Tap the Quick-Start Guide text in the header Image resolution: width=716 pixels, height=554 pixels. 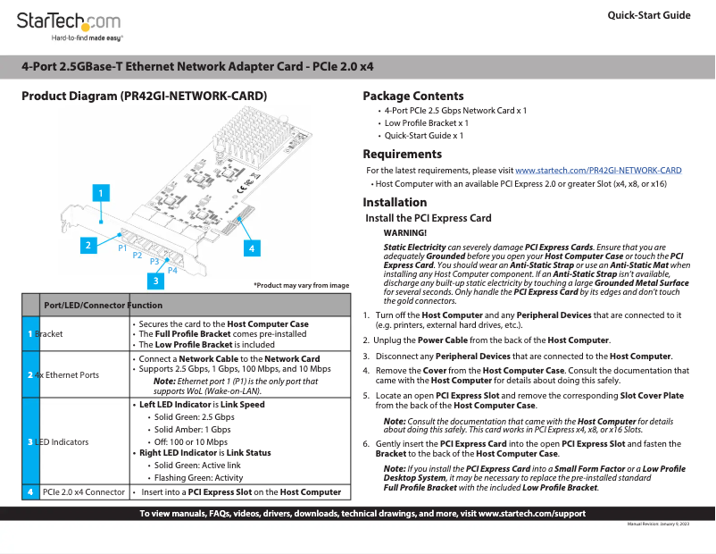pyautogui.click(x=648, y=15)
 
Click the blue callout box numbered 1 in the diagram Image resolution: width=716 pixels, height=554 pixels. pyautogui.click(x=103, y=192)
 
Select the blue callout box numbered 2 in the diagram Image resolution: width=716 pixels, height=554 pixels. pyautogui.click(x=87, y=244)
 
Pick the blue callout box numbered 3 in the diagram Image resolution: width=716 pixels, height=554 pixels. pyautogui.click(x=156, y=281)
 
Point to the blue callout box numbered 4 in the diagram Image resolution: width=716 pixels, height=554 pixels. pyautogui.click(x=252, y=248)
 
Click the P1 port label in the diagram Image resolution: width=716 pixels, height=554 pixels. pyautogui.click(x=123, y=248)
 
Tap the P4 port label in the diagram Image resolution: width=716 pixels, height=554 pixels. pyautogui.click(x=172, y=270)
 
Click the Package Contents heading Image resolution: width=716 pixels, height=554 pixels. pyautogui.click(x=412, y=96)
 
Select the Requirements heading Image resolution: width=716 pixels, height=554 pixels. pyautogui.click(x=402, y=154)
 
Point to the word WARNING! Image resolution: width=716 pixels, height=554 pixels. pyautogui.click(x=404, y=232)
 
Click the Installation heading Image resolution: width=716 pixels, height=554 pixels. pyautogui.click(x=395, y=202)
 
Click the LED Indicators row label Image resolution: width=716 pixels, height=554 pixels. pyautogui.click(x=62, y=442)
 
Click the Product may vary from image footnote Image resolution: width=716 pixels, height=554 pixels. pyautogui.click(x=301, y=285)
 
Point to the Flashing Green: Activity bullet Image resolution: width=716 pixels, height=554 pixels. pyautogui.click(x=198, y=478)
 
